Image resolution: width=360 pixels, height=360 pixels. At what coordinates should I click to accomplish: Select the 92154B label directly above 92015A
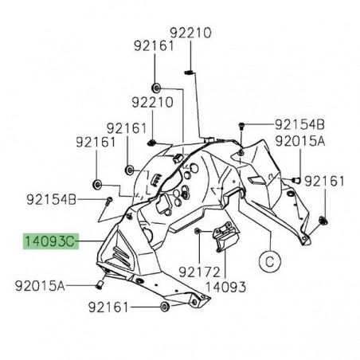(300, 125)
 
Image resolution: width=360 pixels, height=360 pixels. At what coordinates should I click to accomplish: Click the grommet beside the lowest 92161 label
(164, 307)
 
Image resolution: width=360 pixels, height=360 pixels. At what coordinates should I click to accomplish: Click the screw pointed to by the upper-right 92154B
(242, 125)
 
